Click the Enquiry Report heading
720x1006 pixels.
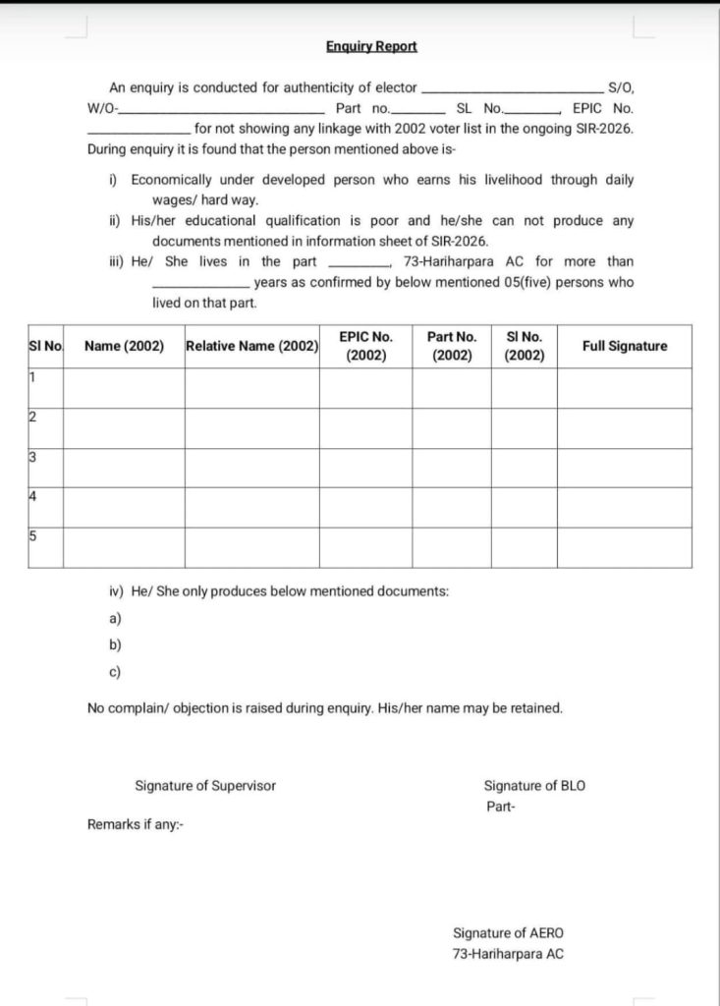[x=372, y=46]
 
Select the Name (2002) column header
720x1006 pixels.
[x=124, y=346]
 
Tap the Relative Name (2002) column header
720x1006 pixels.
[x=251, y=346]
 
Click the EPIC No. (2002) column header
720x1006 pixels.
[x=365, y=346]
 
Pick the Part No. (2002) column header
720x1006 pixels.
[x=452, y=346]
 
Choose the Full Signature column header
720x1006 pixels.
[x=624, y=346]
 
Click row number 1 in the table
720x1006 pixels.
[x=32, y=377]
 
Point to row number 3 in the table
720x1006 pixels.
[x=32, y=457]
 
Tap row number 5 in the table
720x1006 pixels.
[x=32, y=536]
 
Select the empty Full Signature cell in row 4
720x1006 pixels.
[x=624, y=507]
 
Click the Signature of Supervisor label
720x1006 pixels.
[x=205, y=786]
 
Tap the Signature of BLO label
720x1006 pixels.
[x=535, y=786]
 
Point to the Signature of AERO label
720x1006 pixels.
[x=508, y=933]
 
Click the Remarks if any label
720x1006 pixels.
[x=135, y=825]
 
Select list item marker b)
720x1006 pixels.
[x=115, y=645]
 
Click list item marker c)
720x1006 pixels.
[x=115, y=673]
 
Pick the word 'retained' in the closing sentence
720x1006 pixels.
[x=536, y=708]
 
